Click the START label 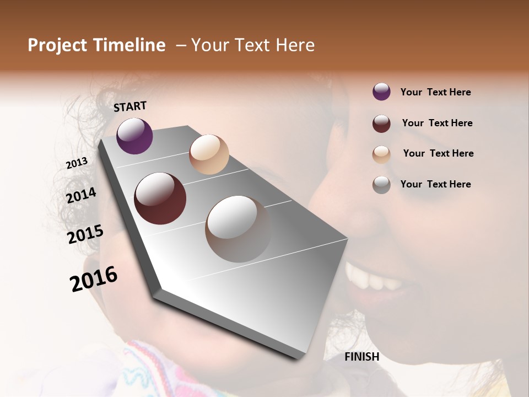pyautogui.click(x=130, y=106)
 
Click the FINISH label pyautogui.click(x=362, y=357)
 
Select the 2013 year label pyautogui.click(x=77, y=163)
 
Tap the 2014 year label pyautogui.click(x=81, y=195)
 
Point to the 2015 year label pyautogui.click(x=85, y=234)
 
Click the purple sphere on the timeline pyautogui.click(x=134, y=136)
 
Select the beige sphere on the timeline pyautogui.click(x=209, y=154)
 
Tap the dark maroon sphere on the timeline pyautogui.click(x=160, y=198)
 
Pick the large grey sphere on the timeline pyautogui.click(x=238, y=229)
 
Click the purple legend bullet pyautogui.click(x=381, y=92)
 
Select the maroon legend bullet pyautogui.click(x=381, y=124)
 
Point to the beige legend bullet pyautogui.click(x=381, y=154)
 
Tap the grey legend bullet pyautogui.click(x=381, y=185)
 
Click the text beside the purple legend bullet pyautogui.click(x=435, y=93)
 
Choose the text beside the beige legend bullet pyautogui.click(x=438, y=153)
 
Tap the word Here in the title pyautogui.click(x=295, y=45)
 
